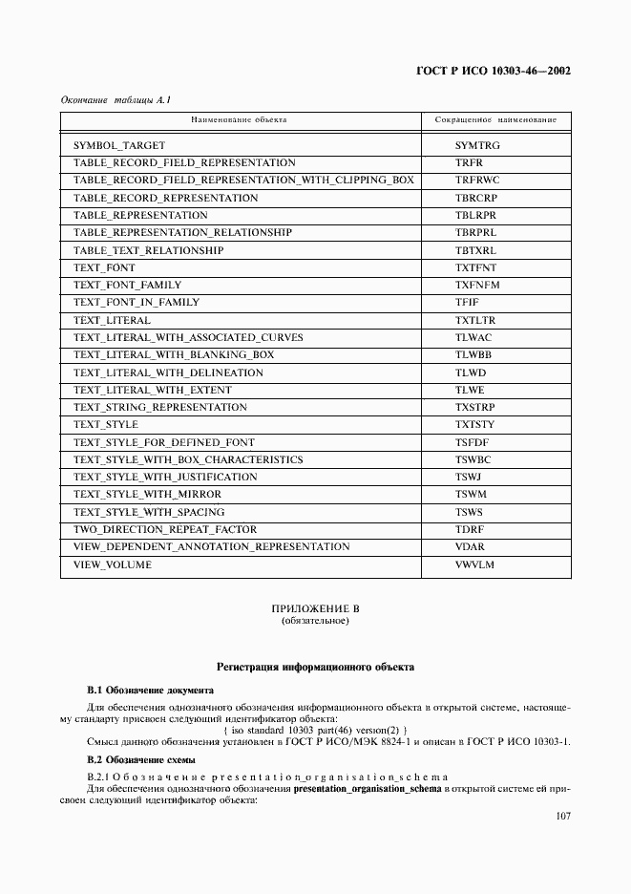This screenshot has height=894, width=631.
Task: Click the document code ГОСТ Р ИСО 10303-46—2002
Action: coord(494,72)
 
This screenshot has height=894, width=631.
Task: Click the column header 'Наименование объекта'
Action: coord(239,120)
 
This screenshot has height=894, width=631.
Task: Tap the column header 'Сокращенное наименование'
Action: coord(495,120)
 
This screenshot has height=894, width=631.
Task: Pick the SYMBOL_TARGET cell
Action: coord(119,145)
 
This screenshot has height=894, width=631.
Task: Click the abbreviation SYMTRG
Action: coord(477,145)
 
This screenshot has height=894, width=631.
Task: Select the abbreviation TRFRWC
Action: coord(477,181)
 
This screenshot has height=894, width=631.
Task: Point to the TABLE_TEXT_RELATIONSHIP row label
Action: coord(148,250)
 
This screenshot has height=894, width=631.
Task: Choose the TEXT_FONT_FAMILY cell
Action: coord(127,285)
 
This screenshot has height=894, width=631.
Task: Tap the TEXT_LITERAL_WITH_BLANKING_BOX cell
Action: coord(174,355)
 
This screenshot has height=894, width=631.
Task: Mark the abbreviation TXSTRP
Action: coord(475,408)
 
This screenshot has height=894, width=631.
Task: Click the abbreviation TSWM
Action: coord(471,495)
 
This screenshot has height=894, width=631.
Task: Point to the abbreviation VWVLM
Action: coord(474,564)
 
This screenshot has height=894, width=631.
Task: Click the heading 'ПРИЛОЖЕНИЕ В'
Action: coord(315,608)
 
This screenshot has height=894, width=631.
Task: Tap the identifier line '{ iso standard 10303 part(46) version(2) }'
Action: coord(315,730)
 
